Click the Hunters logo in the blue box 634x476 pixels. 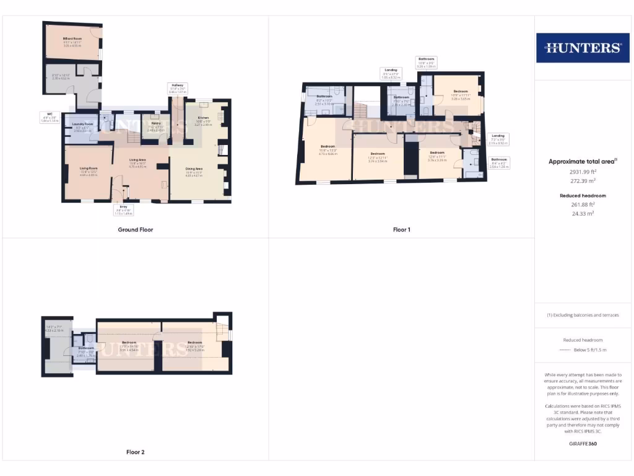click(582, 48)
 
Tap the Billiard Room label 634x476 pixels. click(72, 38)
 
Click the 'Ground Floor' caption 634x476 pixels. click(135, 230)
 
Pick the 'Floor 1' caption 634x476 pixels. click(402, 230)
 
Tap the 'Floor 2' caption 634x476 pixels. click(135, 452)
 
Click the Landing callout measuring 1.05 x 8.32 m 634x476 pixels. click(391, 74)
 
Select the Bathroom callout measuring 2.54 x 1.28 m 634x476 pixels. click(499, 162)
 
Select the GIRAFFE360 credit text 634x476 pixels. click(582, 444)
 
